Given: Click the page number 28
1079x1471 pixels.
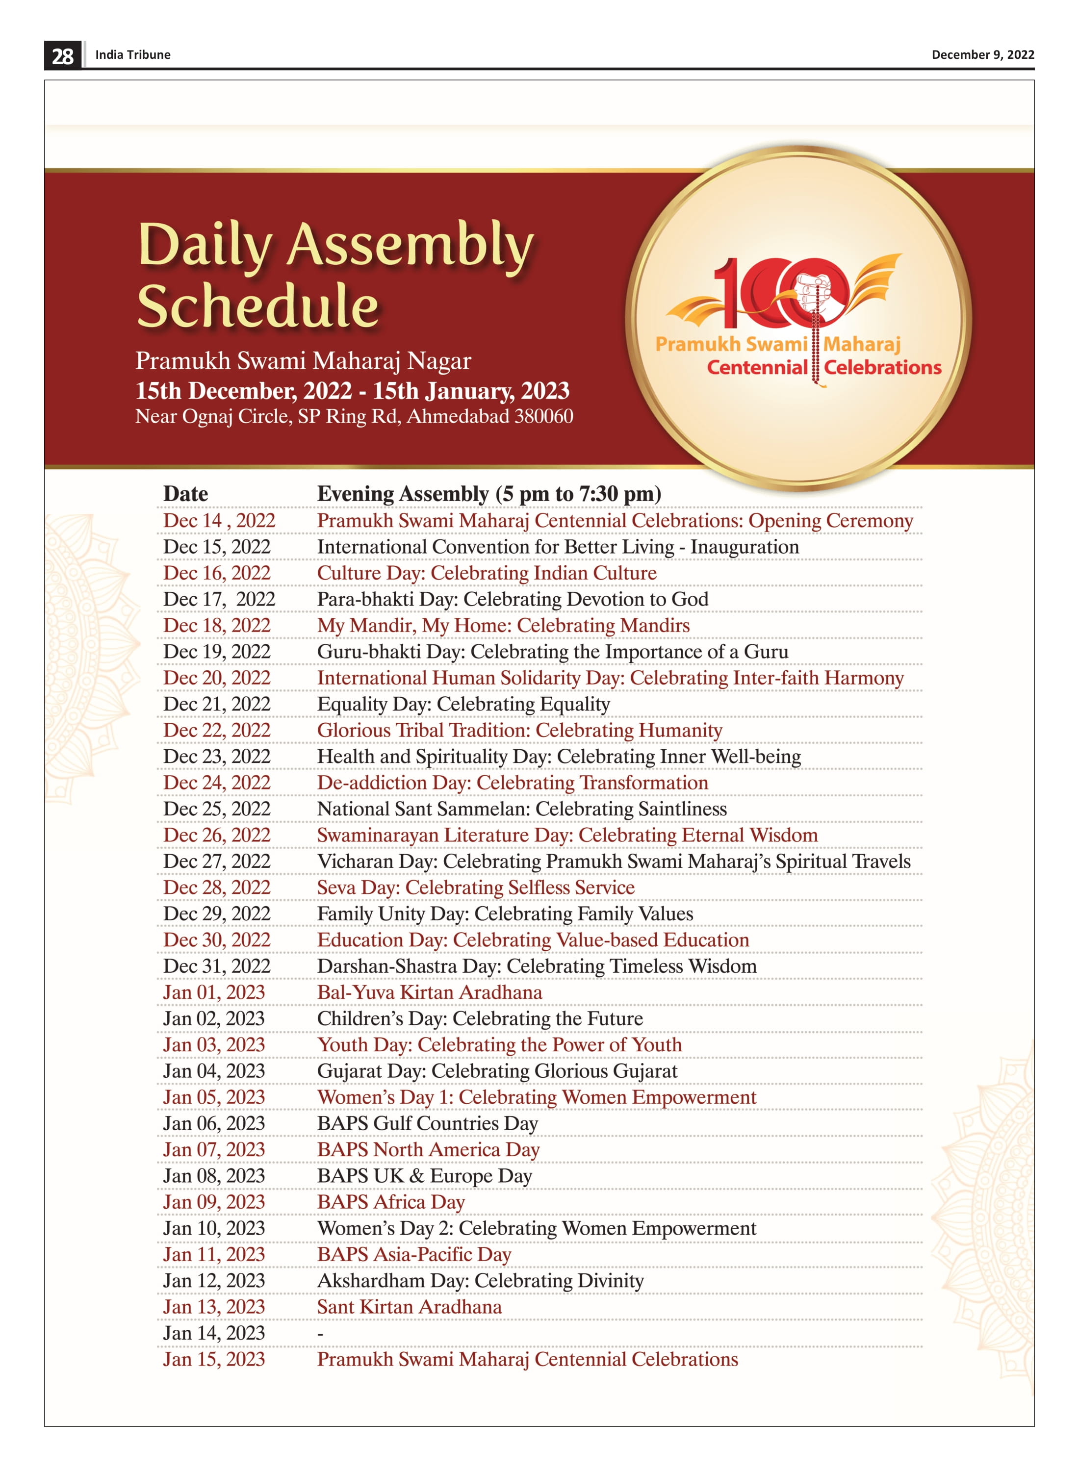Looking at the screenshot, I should [63, 55].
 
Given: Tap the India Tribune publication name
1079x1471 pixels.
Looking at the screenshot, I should [132, 55].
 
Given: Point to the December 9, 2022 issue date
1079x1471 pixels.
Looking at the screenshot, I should [982, 55].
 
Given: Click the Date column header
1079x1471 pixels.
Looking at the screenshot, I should [185, 494].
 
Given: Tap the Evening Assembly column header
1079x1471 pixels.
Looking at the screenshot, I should [488, 494].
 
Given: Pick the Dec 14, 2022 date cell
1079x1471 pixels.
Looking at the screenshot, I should [219, 520].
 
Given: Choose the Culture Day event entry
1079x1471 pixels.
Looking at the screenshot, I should [487, 573].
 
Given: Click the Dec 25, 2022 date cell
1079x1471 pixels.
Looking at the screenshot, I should [216, 808].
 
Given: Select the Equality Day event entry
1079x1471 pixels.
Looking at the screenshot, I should [463, 704].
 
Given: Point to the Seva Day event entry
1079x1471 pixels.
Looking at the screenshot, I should [475, 888].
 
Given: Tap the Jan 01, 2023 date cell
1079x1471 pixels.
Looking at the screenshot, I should [213, 992].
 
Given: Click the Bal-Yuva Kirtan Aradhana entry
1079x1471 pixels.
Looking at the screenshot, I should [429, 992].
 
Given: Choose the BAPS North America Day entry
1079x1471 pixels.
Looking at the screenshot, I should [428, 1149].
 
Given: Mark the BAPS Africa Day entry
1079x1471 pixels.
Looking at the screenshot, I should [390, 1201].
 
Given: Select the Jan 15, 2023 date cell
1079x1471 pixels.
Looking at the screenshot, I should [213, 1359].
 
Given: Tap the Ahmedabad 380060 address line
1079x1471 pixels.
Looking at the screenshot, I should [353, 416].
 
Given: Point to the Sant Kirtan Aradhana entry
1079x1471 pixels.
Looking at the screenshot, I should [409, 1306].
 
